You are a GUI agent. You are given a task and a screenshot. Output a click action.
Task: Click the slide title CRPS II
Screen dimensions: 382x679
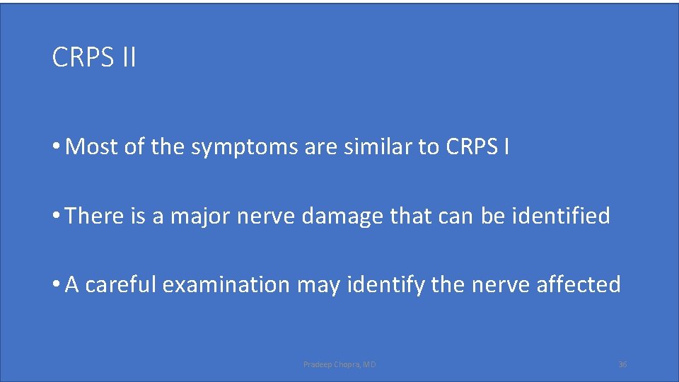coord(94,57)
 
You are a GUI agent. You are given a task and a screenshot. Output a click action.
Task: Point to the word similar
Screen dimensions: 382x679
coord(381,147)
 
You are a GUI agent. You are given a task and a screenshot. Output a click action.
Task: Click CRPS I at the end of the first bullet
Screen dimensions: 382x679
coord(477,147)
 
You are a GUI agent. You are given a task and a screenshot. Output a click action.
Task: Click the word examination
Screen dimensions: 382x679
coord(226,284)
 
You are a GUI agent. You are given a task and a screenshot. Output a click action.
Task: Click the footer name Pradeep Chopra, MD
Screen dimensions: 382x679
coord(339,364)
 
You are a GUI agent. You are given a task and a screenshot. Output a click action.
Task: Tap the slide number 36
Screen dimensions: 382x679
coord(622,364)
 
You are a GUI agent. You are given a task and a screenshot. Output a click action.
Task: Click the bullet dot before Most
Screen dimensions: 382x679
coord(56,147)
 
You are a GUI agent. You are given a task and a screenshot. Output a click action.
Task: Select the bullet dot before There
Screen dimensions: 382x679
coord(56,216)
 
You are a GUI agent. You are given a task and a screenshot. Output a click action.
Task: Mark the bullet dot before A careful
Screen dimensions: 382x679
coord(56,284)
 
